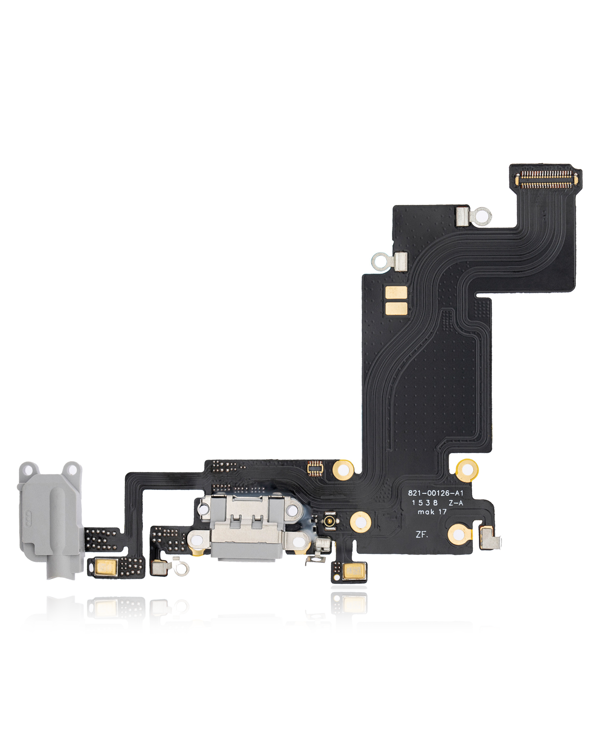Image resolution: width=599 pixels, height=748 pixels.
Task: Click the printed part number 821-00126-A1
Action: (x=435, y=493)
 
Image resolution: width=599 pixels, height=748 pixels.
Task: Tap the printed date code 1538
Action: (x=424, y=503)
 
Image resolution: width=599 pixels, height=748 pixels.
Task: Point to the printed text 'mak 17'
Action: (x=432, y=512)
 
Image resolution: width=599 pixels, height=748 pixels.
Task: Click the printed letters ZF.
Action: (x=422, y=534)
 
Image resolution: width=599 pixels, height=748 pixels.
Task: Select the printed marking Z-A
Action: (x=456, y=503)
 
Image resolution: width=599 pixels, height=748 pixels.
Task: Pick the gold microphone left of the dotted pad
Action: (x=106, y=567)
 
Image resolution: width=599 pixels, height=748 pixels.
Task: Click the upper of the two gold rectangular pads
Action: (x=396, y=293)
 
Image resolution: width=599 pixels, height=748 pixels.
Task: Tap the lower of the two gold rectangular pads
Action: (x=396, y=308)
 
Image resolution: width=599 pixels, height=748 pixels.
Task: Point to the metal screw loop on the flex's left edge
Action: (x=380, y=261)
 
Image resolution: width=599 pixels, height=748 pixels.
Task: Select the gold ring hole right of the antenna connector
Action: (x=360, y=522)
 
